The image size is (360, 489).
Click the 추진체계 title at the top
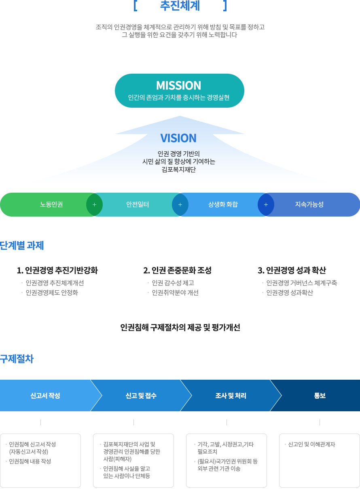180,6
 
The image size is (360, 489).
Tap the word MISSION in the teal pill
179,85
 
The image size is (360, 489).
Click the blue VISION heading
178,138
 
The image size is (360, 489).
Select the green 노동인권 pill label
51,204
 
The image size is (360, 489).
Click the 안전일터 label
138,204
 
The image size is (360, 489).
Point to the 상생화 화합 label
223,204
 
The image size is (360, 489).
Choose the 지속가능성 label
309,204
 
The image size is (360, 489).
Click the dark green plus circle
94,204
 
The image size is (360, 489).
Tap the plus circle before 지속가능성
266,204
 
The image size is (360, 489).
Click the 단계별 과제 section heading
22,245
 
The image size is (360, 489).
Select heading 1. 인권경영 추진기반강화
57,270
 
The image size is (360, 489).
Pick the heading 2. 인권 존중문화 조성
178,270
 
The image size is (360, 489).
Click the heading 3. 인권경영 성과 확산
292,270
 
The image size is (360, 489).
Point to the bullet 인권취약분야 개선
175,293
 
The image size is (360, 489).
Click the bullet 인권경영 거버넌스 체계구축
302,283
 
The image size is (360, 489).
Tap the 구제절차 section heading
17,359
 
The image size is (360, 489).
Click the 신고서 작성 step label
45,395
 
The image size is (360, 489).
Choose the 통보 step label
320,395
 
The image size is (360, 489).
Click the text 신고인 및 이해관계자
311,444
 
